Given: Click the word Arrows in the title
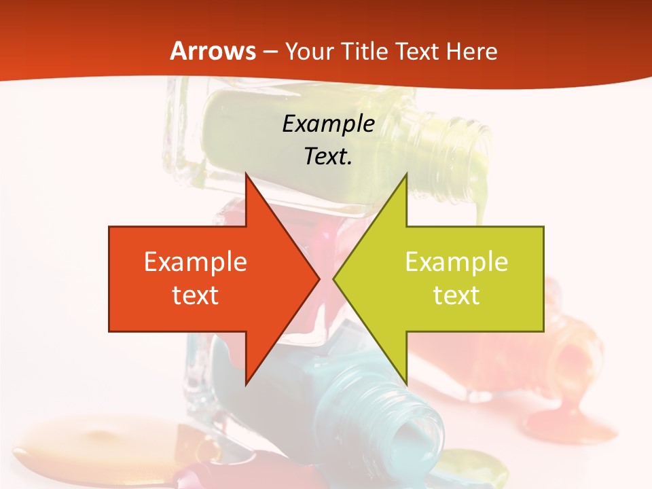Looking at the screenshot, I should click(x=213, y=51).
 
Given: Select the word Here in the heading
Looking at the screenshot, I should click(x=472, y=51).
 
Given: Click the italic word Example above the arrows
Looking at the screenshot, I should click(x=328, y=124).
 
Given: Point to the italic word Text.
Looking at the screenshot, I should click(x=328, y=156).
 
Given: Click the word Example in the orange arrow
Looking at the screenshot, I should click(x=195, y=261).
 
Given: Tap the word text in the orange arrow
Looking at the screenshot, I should click(x=195, y=295).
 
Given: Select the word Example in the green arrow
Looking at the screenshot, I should click(x=456, y=261).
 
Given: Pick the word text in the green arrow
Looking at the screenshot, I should click(x=456, y=295).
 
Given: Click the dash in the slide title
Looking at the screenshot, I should click(x=270, y=51).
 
